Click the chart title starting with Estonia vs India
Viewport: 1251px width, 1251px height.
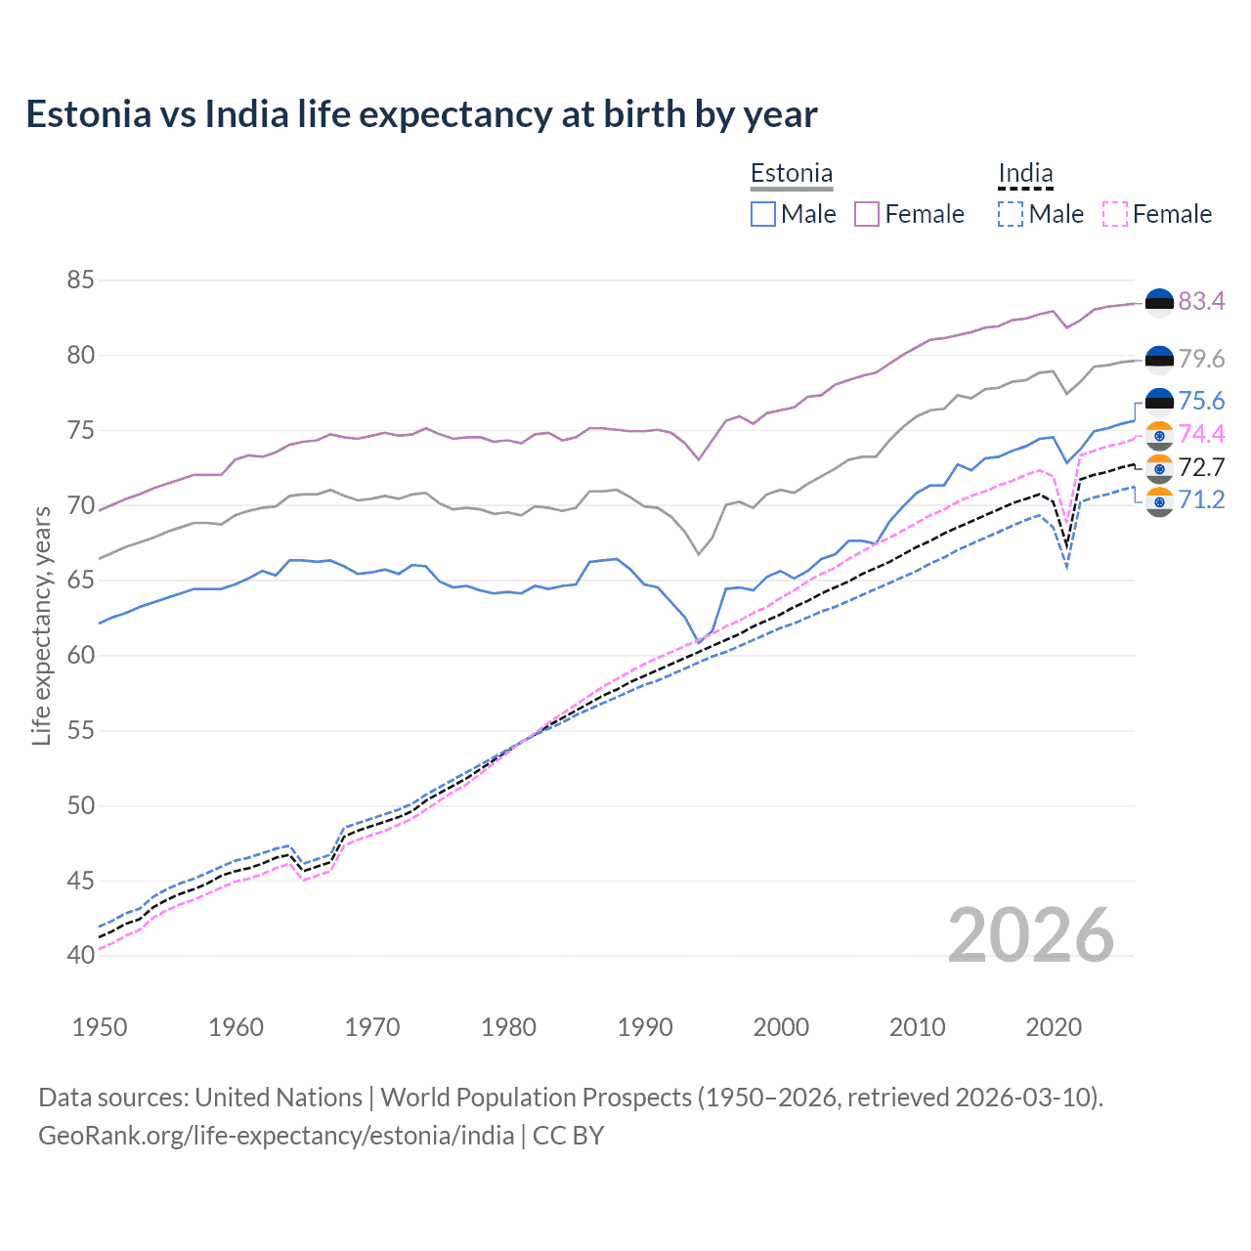(421, 114)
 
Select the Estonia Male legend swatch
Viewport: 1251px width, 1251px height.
(763, 214)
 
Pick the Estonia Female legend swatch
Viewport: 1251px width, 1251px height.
(867, 214)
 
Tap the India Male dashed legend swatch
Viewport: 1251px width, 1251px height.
(1011, 214)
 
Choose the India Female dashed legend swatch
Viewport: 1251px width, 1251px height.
(1114, 214)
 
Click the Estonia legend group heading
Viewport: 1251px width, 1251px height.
(792, 174)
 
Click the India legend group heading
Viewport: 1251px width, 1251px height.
(1025, 174)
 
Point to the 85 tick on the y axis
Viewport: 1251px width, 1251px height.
(80, 280)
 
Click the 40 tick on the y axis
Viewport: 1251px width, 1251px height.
(80, 956)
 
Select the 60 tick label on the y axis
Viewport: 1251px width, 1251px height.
(80, 656)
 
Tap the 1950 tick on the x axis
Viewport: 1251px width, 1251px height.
(100, 1027)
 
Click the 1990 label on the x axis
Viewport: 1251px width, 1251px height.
(645, 1027)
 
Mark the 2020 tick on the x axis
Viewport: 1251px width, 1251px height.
(1054, 1027)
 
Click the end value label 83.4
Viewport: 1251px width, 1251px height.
(1201, 302)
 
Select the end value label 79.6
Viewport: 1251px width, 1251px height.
(1201, 360)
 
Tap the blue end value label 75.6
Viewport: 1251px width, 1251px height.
(1201, 402)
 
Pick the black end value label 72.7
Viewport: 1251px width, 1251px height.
(1201, 468)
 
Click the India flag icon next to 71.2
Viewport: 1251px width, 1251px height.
(1159, 501)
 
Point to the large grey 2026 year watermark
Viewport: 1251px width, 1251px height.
(1030, 935)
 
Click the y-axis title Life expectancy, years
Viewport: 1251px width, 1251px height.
(42, 625)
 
